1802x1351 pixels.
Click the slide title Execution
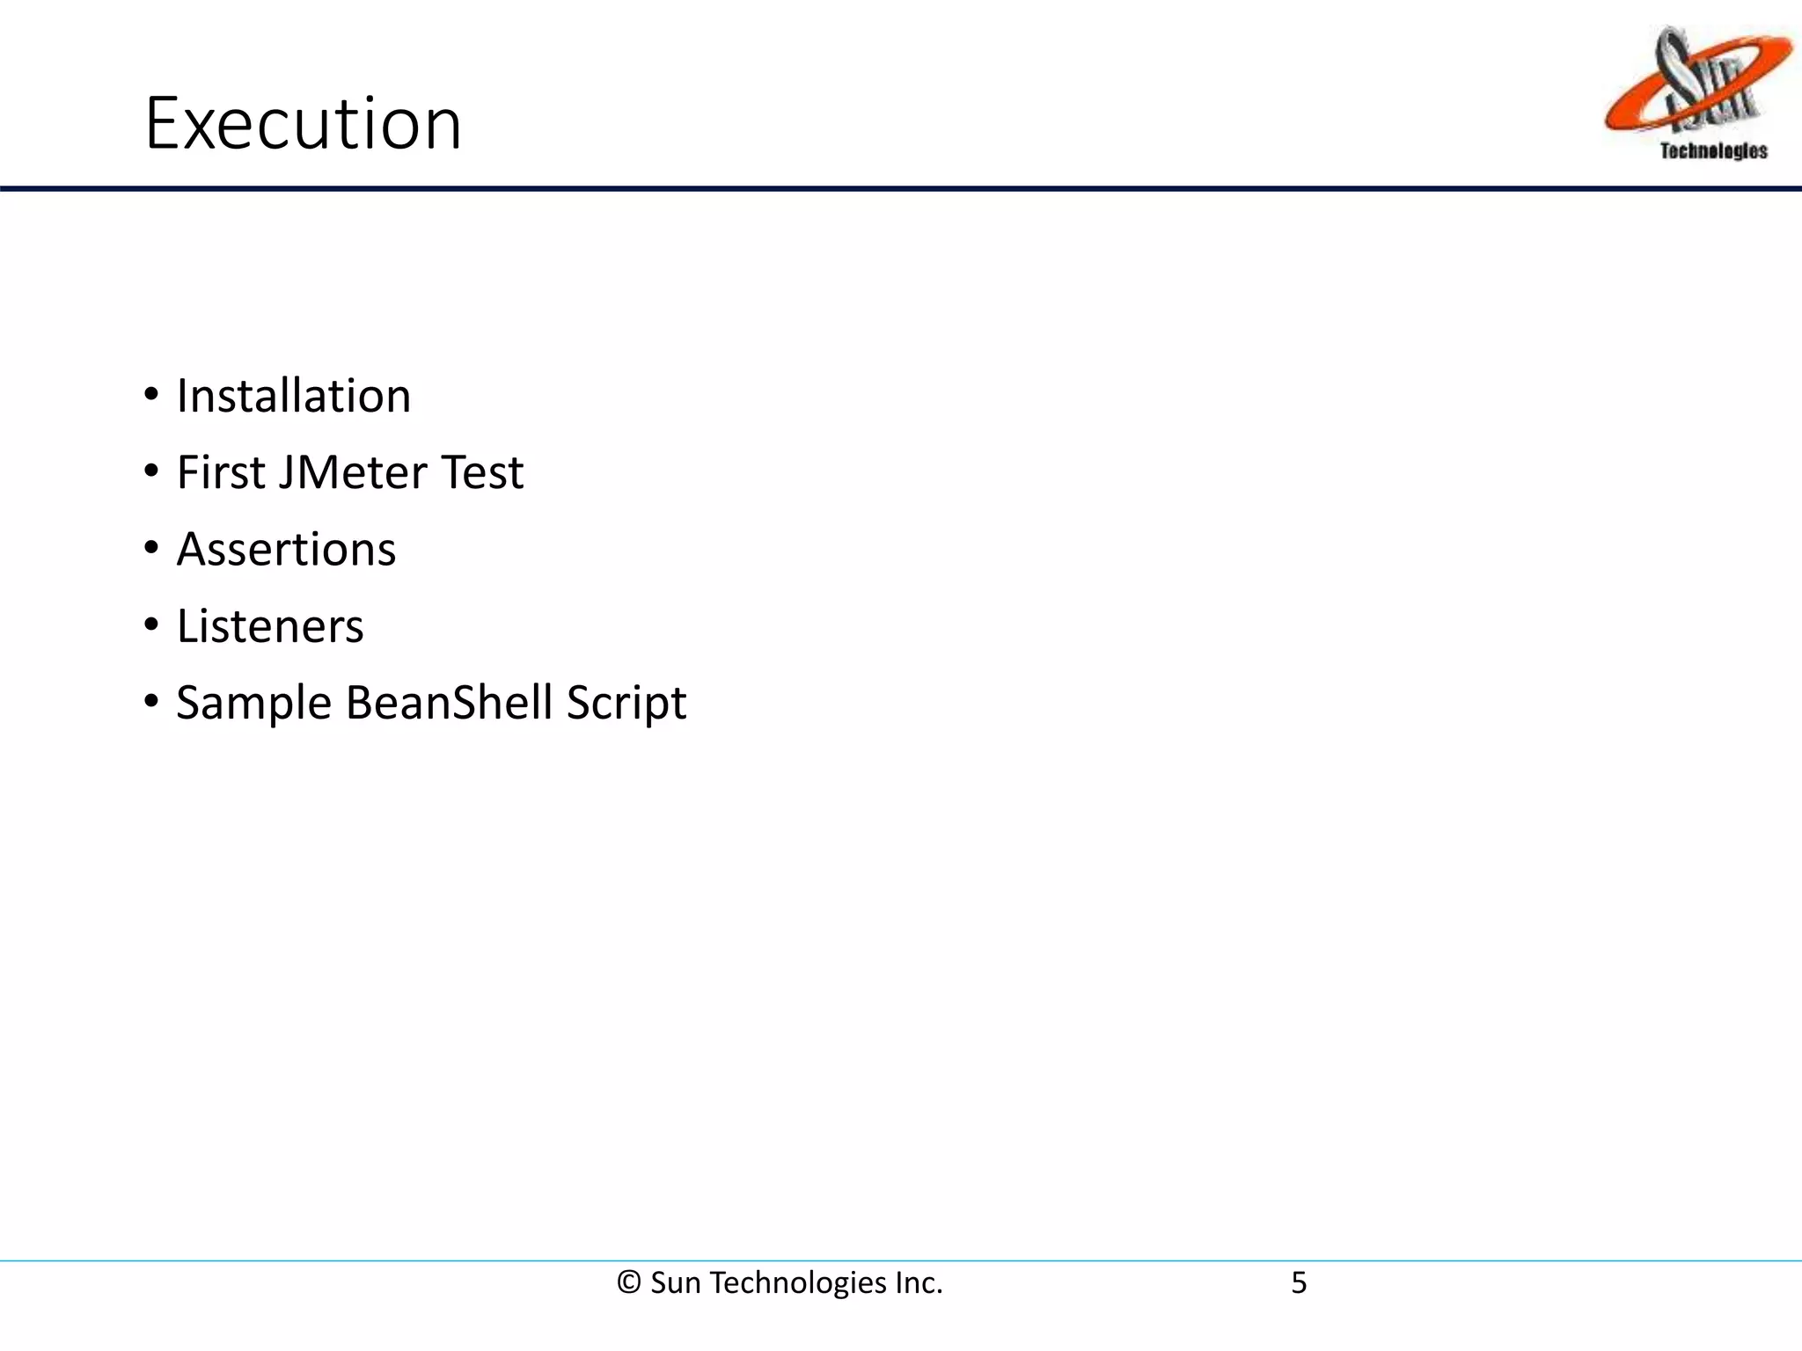tap(303, 124)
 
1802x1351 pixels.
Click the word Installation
tap(294, 396)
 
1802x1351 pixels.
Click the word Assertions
tap(286, 550)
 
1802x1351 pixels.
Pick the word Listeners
tap(270, 626)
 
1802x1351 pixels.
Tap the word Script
tap(626, 703)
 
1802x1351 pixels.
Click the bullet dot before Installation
tap(151, 395)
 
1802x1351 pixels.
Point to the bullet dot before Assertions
tap(151, 549)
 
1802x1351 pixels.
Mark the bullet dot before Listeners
tap(151, 625)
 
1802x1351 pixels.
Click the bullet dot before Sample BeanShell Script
tap(151, 702)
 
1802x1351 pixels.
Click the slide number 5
tap(1299, 1283)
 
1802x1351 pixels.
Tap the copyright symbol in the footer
tap(628, 1283)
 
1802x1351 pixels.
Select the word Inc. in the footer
tap(919, 1283)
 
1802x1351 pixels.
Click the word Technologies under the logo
tap(1713, 151)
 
